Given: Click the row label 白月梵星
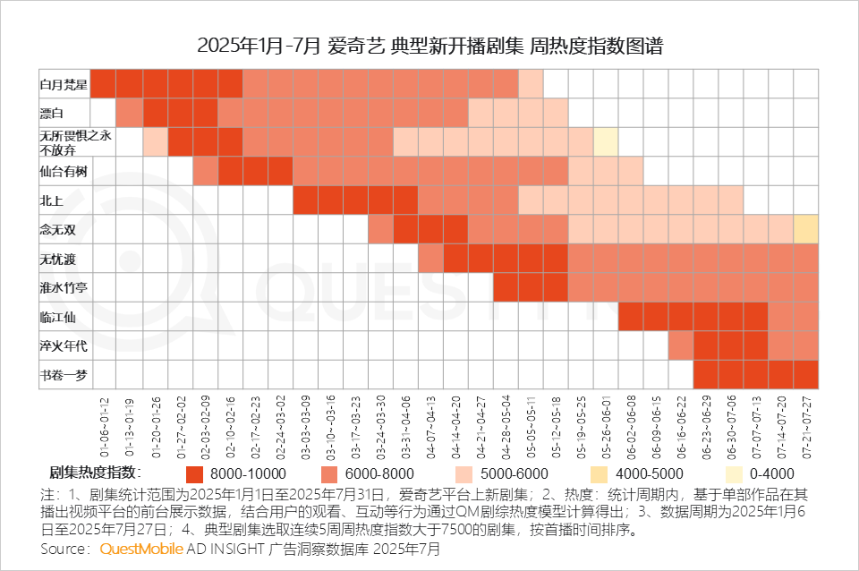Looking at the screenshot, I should (64, 84).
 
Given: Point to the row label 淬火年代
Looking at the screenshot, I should (64, 345).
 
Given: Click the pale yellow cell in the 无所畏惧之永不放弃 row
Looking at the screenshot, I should (606, 142).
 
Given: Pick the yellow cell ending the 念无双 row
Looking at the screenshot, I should (805, 229).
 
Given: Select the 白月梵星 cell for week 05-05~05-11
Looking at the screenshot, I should (531, 84).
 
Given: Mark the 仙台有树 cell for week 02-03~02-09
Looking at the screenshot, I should (205, 171).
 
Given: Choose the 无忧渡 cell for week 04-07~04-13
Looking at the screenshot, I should (430, 259).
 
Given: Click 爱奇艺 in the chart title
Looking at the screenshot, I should (356, 46).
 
